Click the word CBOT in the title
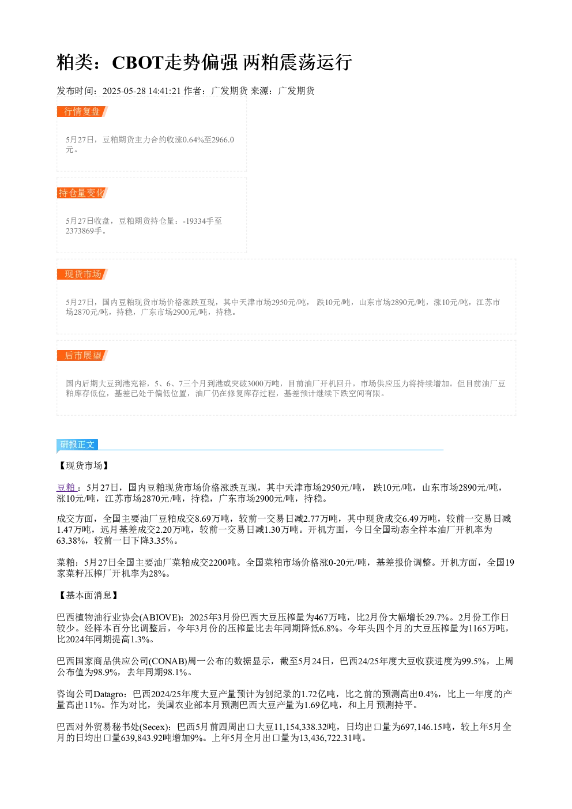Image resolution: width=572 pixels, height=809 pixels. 138,62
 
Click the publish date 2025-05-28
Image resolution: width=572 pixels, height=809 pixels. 124,91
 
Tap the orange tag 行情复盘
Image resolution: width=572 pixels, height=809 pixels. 82,112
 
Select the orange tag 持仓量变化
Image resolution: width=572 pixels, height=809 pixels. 82,193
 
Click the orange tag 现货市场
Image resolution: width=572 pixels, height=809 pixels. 82,274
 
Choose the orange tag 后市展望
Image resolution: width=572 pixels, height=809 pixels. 82,355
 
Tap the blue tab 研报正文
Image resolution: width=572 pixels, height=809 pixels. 77,444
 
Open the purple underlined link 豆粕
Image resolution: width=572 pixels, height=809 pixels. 66,488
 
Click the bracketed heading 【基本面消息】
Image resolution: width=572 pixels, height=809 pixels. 88,595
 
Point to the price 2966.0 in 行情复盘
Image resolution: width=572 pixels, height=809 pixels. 223,140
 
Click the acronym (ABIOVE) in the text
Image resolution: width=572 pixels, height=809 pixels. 163,617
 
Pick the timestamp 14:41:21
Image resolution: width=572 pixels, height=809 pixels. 165,91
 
